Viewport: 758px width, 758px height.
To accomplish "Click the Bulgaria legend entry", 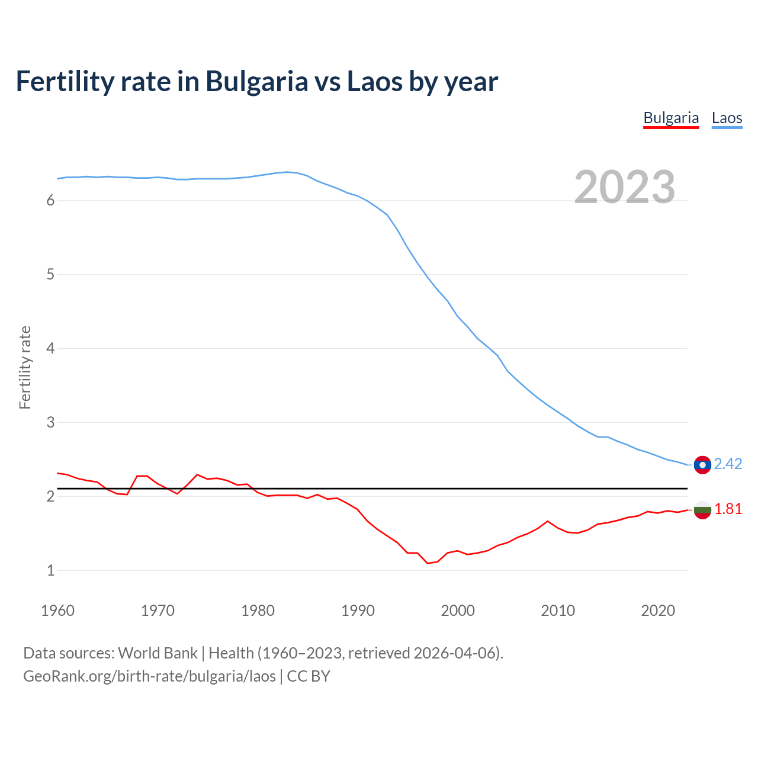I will tap(671, 118).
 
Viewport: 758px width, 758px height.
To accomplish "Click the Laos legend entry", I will tap(727, 118).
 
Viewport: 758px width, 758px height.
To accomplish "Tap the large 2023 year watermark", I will tap(625, 187).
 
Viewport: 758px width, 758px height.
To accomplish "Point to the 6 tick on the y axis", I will tap(50, 201).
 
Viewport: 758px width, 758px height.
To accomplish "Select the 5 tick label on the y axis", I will tap(50, 275).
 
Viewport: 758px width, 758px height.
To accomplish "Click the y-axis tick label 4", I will tap(50, 349).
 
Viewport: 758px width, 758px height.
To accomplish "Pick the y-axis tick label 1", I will tap(50, 571).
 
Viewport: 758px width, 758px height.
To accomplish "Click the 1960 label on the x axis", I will tap(57, 611).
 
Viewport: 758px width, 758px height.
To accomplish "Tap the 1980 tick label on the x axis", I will tap(258, 611).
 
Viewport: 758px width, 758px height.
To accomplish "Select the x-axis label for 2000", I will tap(458, 611).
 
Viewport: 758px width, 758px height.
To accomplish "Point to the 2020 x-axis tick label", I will tap(658, 611).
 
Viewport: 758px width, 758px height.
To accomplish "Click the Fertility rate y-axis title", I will tap(25, 367).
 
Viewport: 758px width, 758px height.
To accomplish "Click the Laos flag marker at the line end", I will tap(702, 465).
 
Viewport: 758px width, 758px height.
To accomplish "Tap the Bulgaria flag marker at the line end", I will tap(702, 509).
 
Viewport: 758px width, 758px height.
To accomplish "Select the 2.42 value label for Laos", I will tap(728, 464).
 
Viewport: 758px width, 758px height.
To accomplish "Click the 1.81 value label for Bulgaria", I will tap(728, 509).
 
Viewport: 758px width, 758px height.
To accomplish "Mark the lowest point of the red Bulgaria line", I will tap(428, 563).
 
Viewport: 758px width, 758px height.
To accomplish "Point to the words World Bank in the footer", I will tap(158, 653).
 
